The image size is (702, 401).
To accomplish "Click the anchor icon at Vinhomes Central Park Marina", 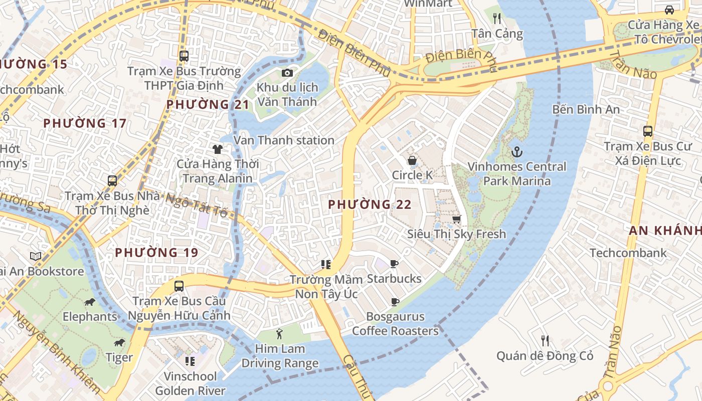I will click(516, 151).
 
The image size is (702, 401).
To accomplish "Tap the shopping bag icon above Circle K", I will click(412, 160).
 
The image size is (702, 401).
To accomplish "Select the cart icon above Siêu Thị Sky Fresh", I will click(456, 219).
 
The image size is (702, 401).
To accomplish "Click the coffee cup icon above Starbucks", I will click(394, 264).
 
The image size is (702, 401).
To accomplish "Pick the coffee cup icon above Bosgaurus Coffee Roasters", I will click(395, 302).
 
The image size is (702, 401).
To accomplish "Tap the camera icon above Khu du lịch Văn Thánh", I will click(287, 73).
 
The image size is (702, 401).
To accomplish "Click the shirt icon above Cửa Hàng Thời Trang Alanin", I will click(217, 149).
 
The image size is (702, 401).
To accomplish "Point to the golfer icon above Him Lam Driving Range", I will click(279, 333).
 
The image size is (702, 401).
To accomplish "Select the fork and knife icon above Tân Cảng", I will click(497, 19).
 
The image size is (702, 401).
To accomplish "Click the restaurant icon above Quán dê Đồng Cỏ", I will click(545, 341).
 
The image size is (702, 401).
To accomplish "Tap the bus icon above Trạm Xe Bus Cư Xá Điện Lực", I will click(648, 131).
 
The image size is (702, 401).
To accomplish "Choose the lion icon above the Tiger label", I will click(119, 343).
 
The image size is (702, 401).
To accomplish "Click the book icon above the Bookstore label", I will click(36, 257).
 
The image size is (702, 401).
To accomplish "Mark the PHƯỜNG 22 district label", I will click(370, 205).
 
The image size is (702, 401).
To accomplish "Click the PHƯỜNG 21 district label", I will click(208, 104).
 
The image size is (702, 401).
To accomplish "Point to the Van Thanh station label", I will click(284, 140).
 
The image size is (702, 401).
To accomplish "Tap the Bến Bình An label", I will click(586, 109).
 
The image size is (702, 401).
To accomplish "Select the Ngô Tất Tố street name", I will click(197, 205).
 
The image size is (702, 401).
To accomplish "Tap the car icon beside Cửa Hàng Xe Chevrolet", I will click(669, 10).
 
